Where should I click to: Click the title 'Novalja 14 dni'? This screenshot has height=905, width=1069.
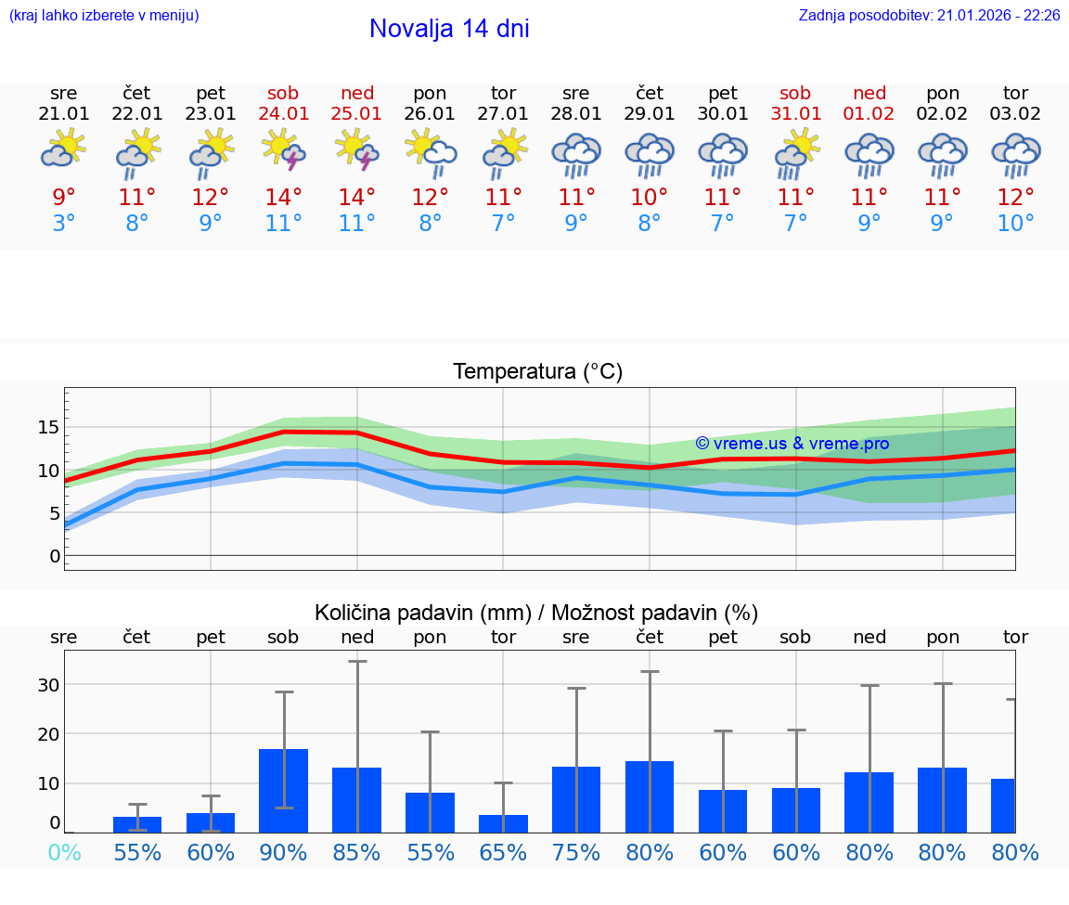point(449,29)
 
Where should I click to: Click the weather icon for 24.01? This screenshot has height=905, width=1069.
point(284,151)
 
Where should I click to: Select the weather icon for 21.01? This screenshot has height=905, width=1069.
point(64,149)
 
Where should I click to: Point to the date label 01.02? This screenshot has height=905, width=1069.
point(869,113)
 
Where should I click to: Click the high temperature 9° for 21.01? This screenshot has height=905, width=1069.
point(64,197)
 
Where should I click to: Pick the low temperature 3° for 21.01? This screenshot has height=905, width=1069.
point(64,223)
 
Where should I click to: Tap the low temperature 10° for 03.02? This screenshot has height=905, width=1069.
point(1015,223)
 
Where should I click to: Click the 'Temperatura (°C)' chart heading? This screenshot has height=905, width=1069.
point(537,372)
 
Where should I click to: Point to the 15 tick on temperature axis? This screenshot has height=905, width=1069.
point(49,427)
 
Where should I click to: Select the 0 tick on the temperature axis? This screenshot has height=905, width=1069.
point(55,556)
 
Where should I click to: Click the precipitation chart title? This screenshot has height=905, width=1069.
point(536,613)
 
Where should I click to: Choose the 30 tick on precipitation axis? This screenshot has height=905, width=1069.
point(48,685)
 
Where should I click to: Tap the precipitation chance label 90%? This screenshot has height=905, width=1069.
point(284,852)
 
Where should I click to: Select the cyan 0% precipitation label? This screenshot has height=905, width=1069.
point(64,852)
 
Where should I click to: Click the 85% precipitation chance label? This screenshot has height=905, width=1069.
point(357,852)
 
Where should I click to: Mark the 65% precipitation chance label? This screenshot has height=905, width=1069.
point(503,852)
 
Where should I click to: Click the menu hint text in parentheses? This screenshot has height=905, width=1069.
point(104,15)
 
